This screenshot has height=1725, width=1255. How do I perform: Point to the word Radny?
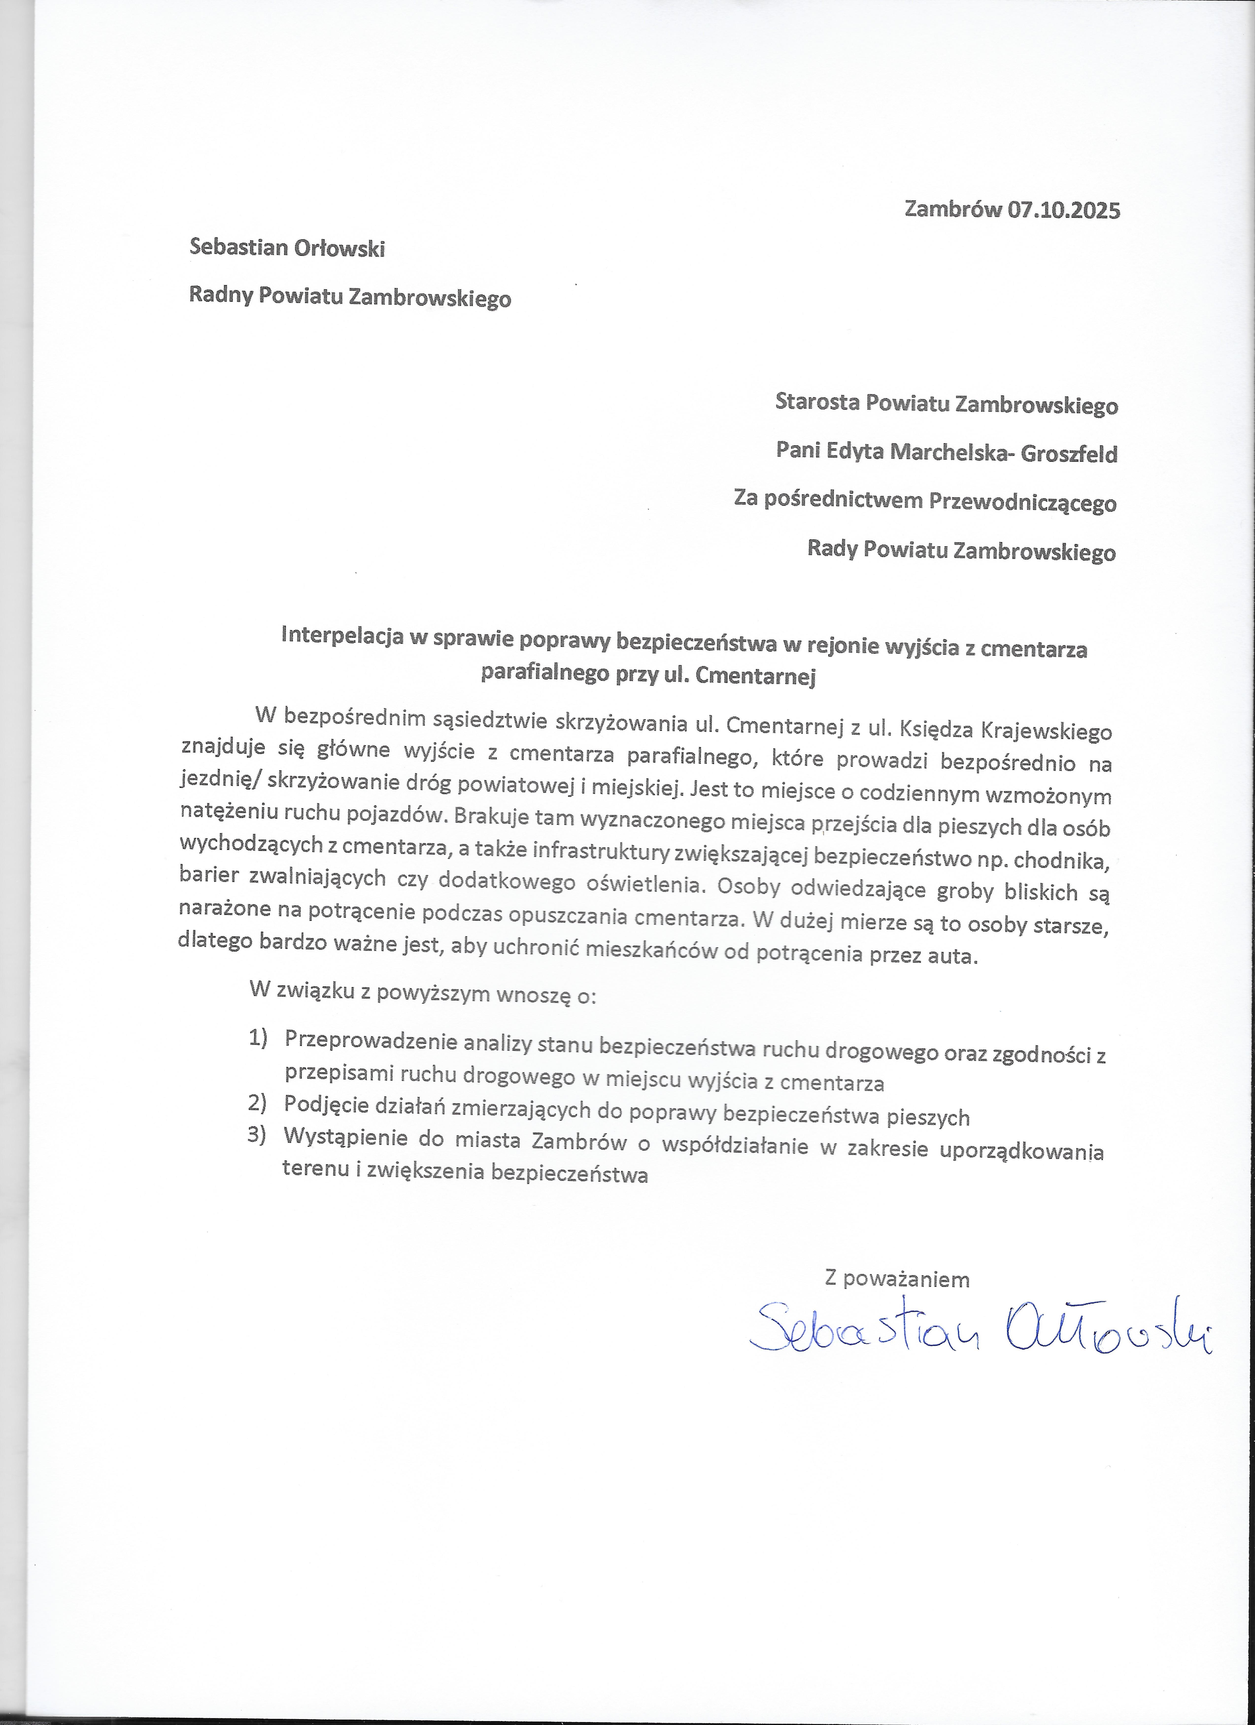pos(221,296)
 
